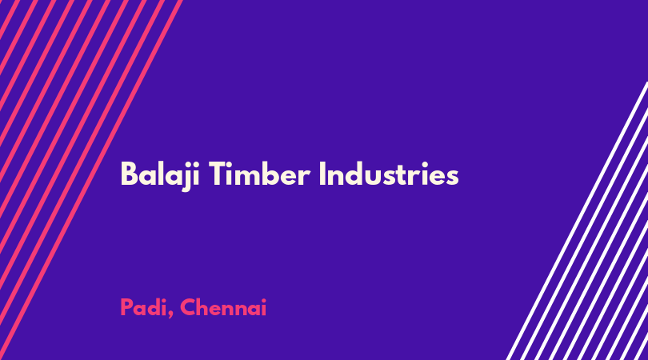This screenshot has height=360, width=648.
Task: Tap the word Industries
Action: (389, 174)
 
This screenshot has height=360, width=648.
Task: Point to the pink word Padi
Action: (142, 307)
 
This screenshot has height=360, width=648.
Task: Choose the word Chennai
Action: (223, 307)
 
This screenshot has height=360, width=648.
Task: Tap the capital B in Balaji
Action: (129, 174)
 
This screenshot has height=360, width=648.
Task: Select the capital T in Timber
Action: (218, 174)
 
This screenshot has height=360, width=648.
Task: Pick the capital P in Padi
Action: (126, 307)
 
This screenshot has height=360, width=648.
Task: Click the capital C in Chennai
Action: (188, 307)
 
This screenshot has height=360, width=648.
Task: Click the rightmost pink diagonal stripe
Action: (90, 180)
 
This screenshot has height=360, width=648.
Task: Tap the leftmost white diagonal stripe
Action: (578, 221)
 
